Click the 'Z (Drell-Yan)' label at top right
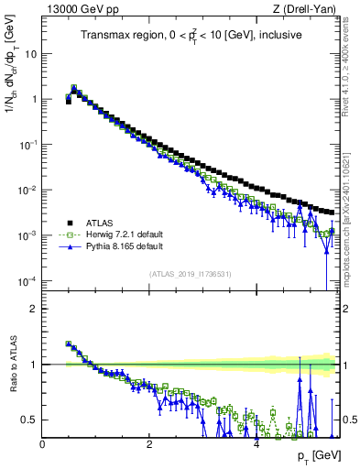(x=307, y=10)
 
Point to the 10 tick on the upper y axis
(x=31, y=54)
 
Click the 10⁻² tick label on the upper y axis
(x=28, y=191)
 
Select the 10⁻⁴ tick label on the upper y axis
(x=28, y=281)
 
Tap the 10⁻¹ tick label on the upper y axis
(x=28, y=145)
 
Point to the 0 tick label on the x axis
(x=42, y=444)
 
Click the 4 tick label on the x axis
(x=256, y=444)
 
